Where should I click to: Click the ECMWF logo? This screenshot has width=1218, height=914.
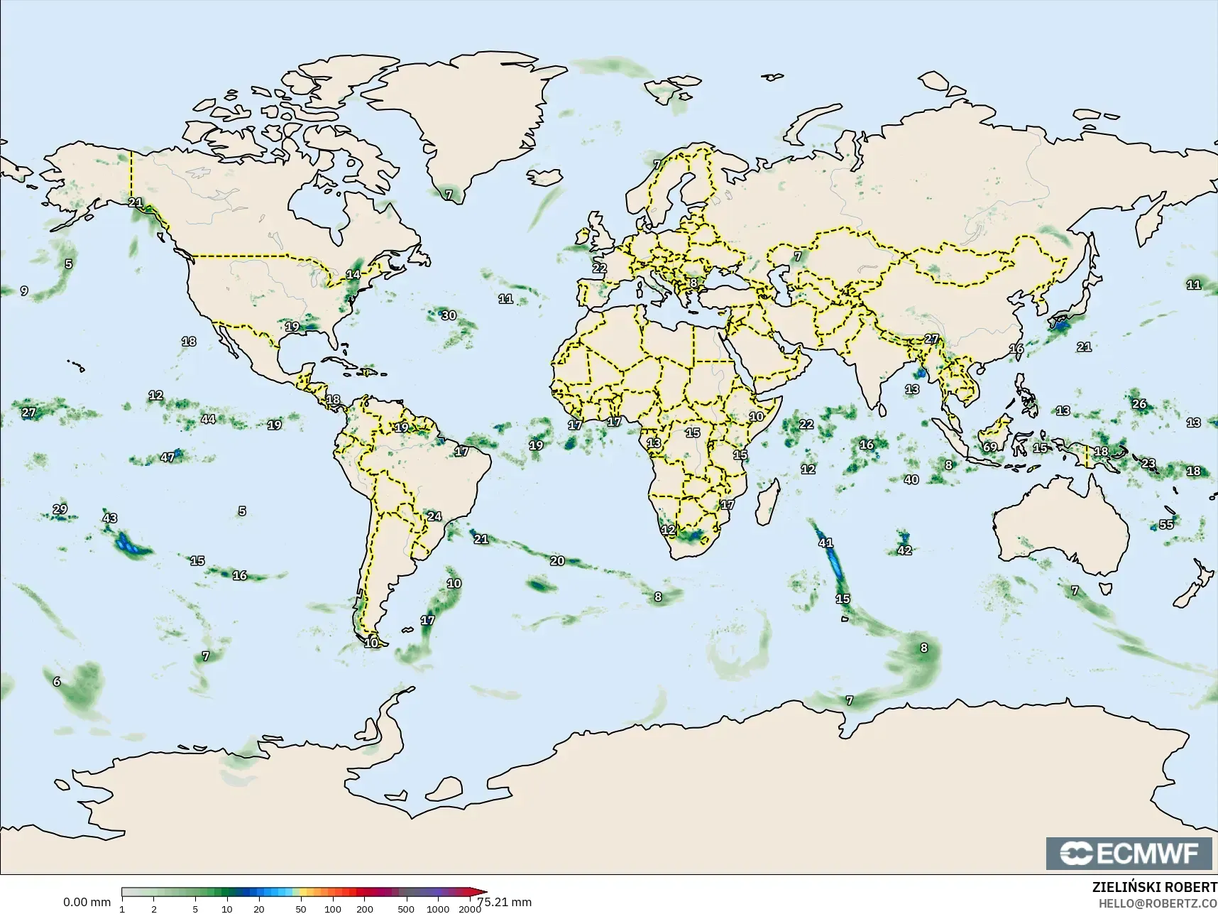coord(1129,853)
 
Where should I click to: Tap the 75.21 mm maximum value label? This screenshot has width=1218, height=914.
coord(505,902)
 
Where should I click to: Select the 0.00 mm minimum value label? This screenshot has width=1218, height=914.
coord(87,902)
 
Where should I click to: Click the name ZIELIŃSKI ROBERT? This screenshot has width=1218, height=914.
coord(1154,888)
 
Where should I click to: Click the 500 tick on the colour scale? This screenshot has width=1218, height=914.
coord(405,908)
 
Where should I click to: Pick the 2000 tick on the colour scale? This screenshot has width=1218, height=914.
coord(470,908)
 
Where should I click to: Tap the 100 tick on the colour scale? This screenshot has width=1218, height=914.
coord(332,908)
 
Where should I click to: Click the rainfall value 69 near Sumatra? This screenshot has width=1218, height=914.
coord(989,447)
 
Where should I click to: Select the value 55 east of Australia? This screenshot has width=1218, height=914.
coord(1166,524)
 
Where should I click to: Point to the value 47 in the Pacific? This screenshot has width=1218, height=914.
coord(168,457)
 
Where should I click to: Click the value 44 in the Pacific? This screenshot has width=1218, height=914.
coord(208,419)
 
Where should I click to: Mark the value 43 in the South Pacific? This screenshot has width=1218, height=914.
coord(109,518)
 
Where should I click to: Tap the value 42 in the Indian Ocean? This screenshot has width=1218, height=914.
coord(904,550)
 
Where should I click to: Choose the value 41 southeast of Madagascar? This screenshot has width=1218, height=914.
coord(825,543)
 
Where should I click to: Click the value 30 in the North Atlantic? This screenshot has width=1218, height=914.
coord(449,315)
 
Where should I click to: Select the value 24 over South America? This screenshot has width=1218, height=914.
coord(434,516)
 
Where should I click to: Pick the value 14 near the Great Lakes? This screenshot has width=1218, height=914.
coord(353,274)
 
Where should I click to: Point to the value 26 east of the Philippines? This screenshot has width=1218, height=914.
coord(1139,403)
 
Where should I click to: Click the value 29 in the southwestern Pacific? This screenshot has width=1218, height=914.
coord(60,509)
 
